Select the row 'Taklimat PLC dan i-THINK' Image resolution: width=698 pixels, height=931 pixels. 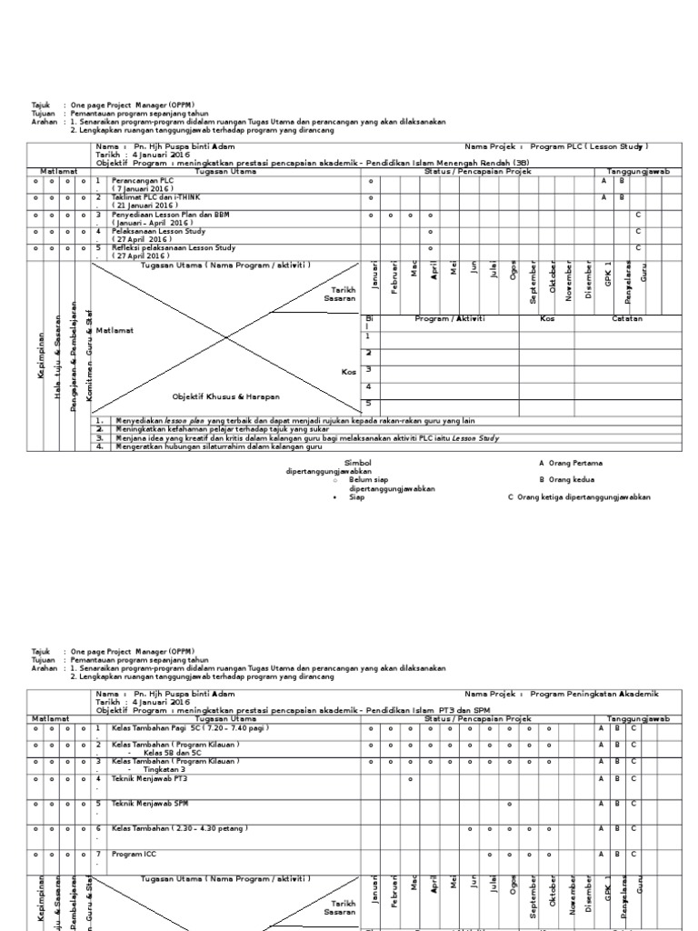155,197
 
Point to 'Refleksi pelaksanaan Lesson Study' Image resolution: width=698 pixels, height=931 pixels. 173,247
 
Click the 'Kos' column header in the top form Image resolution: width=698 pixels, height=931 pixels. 547,319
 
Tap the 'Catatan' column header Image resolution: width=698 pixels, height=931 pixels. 627,319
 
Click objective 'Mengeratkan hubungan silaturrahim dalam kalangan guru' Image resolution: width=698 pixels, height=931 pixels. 221,445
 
